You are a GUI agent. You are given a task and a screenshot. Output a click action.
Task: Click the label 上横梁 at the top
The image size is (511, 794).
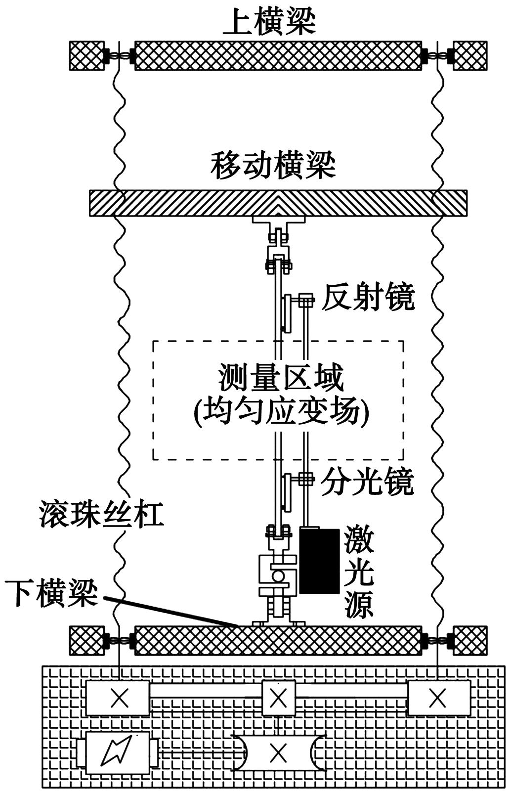269,22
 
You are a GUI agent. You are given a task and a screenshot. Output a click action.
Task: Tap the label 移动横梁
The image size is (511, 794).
273,166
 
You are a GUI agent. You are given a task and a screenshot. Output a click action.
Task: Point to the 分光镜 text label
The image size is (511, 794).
367,481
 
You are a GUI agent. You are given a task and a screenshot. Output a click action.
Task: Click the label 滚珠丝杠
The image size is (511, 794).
101,515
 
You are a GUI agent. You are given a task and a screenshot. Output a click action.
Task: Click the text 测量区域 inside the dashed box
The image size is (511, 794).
281,378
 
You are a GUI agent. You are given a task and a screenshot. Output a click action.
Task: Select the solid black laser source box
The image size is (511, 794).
319,561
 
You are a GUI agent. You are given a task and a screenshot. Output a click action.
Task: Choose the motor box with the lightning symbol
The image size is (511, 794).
118,753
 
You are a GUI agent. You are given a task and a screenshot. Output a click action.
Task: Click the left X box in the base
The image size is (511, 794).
118,698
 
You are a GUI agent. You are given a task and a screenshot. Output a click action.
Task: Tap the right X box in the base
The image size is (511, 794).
438,698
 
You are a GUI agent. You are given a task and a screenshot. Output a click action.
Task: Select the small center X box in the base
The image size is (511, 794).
279,698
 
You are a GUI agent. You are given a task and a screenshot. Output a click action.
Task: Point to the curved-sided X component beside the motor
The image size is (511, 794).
279,753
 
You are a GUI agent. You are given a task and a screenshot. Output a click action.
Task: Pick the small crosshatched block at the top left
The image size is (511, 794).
85,55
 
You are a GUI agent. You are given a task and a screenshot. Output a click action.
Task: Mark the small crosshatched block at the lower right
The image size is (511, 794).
470,640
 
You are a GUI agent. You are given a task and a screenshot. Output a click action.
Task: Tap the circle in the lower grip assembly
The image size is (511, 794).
278,576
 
